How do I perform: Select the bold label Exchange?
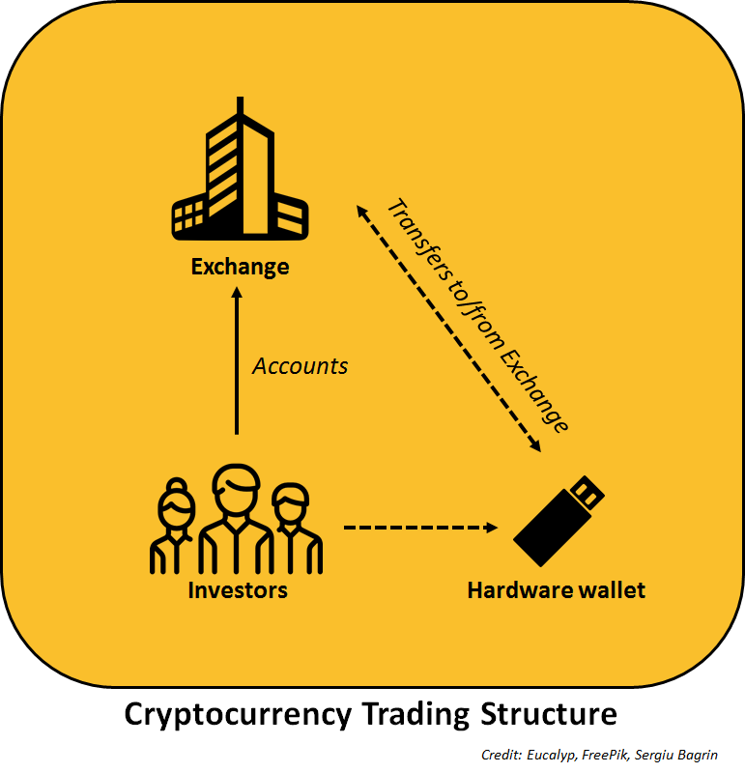point(240,266)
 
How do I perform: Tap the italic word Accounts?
point(300,366)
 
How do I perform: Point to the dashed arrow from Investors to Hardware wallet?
point(420,528)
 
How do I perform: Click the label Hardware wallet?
point(556,588)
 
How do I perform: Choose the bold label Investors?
point(238,588)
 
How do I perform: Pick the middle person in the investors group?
point(236,517)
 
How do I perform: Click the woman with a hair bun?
point(176,527)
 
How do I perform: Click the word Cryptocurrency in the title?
point(236,715)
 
